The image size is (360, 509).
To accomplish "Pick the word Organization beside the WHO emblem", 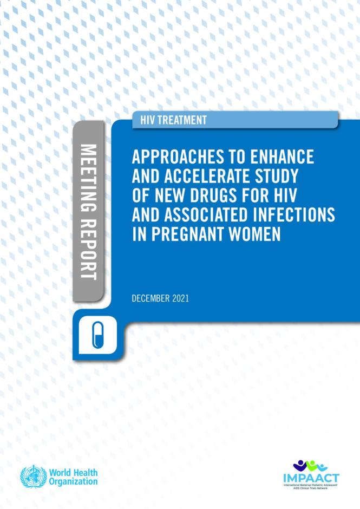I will [73, 481].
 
